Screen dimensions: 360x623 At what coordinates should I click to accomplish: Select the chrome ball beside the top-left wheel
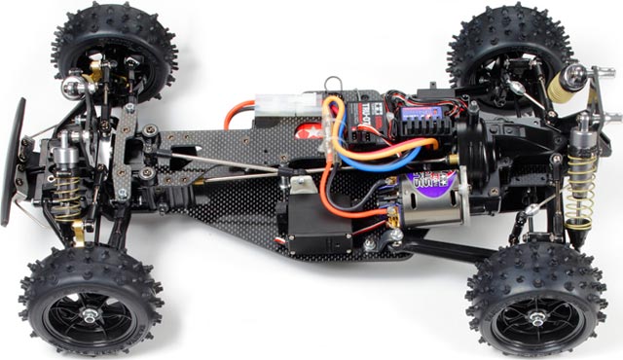pos(72,87)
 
